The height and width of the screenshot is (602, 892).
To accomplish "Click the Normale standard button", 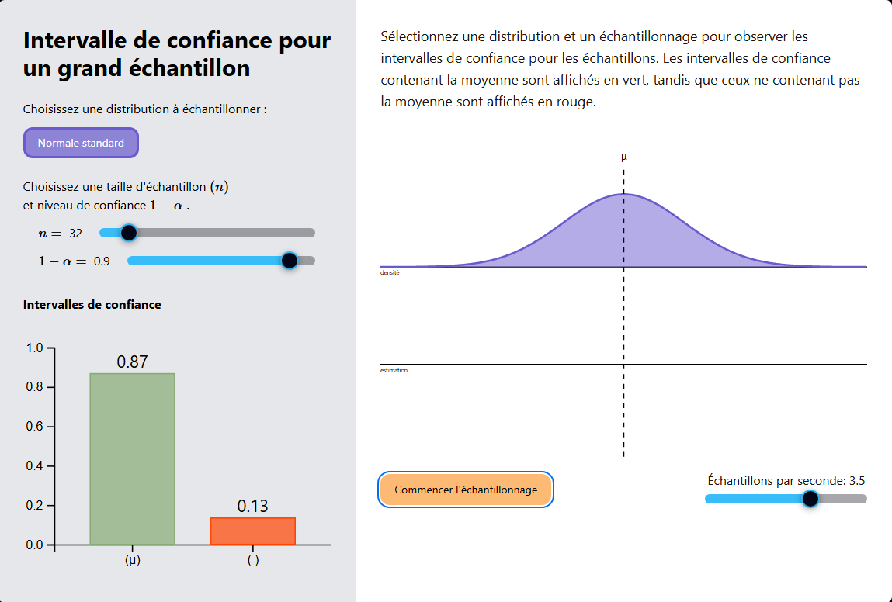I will pos(81,143).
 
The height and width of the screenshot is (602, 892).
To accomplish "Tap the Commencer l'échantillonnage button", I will pos(466,490).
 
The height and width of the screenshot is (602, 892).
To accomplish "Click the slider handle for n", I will pos(129,233).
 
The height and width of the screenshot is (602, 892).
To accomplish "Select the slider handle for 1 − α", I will pos(290,261).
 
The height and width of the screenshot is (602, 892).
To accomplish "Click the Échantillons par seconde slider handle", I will pos(810,499).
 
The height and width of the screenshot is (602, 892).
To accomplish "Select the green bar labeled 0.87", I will pos(133,458).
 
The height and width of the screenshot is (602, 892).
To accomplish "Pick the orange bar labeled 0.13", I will pos(253,531).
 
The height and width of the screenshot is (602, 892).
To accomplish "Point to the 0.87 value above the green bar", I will pos(132,362).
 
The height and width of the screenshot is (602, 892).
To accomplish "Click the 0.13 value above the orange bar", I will pos(252,507).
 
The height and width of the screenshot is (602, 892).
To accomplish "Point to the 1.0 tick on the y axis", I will pos(35,348).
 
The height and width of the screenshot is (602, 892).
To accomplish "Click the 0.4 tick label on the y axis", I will pos(35,466).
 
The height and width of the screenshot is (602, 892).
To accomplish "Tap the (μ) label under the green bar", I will pos(133,561).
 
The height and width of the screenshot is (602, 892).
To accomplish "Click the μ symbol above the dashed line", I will pos(624,157).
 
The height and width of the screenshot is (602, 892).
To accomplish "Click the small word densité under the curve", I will pos(390,273).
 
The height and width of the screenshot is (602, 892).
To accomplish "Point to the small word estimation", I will pos(394,371).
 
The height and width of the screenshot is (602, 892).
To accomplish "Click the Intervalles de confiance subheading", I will pos(92,305).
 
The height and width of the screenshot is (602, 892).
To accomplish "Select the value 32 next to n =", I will pos(76,234).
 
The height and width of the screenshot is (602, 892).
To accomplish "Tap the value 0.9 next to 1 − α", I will pos(102,261).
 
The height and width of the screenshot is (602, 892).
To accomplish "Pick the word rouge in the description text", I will pos(574,102).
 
